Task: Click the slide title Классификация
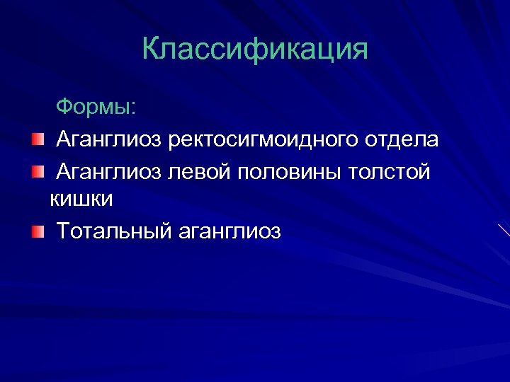tap(255, 50)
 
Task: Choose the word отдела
tap(402, 139)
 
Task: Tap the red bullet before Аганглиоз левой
tap(37, 170)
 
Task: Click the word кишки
tap(82, 199)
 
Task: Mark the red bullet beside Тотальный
tap(37, 231)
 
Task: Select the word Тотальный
tap(113, 231)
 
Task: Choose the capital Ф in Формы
tap(64, 108)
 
